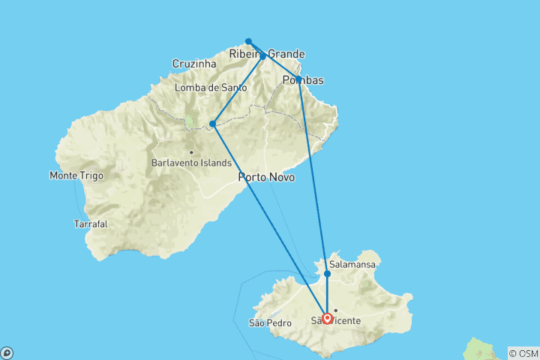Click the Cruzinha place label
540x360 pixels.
coord(194,64)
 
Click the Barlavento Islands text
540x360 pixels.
coord(190,163)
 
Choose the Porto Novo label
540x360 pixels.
coord(266,177)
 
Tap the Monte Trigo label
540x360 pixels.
coord(76,175)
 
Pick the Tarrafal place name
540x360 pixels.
coord(90,223)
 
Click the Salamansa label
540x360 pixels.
coord(352,265)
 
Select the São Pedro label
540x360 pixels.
coord(267,323)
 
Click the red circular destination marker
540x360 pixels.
coord(328,318)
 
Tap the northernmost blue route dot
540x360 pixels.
coord(248,41)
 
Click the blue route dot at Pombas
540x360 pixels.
coord(298,79)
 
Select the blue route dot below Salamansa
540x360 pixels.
coord(327,274)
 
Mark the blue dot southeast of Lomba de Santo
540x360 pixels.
coord(213,124)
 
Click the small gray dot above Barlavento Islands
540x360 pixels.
coord(191,152)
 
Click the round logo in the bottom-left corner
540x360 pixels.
coord(7,352)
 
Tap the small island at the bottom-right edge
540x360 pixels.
coord(480,349)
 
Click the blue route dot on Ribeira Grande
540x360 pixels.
coord(262,55)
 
